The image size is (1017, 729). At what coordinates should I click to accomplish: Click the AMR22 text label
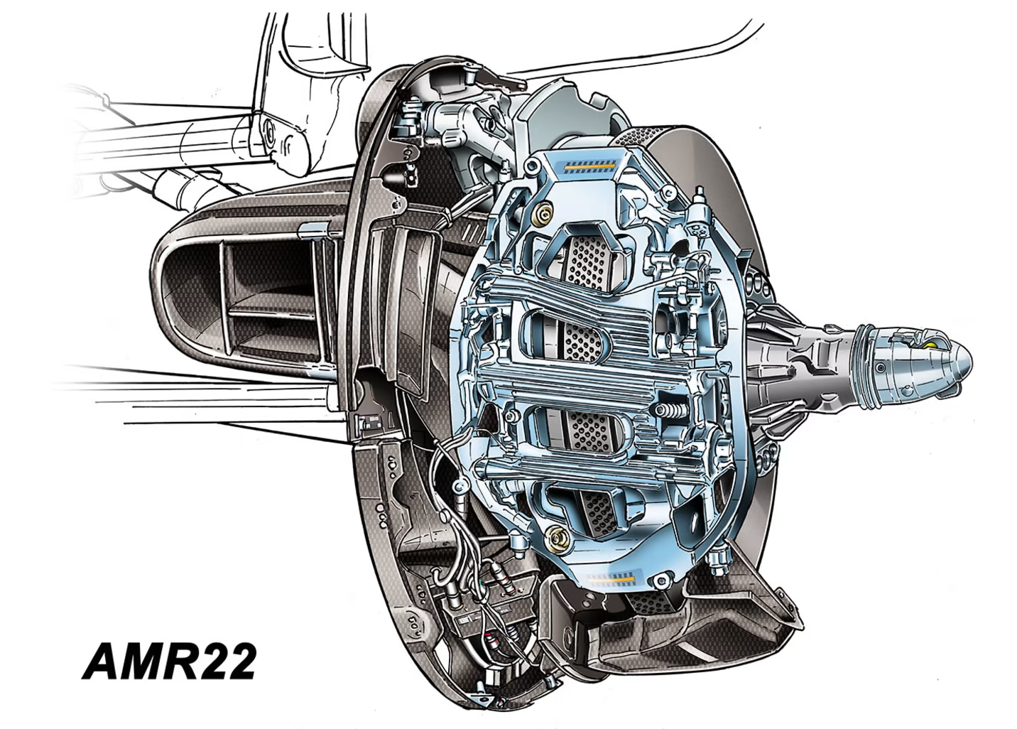coord(169,661)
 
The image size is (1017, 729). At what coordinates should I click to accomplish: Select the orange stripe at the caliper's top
coord(589,167)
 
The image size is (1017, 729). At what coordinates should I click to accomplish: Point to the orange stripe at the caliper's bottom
coord(610,580)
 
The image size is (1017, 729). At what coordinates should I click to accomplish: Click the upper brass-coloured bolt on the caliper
coord(542,211)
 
